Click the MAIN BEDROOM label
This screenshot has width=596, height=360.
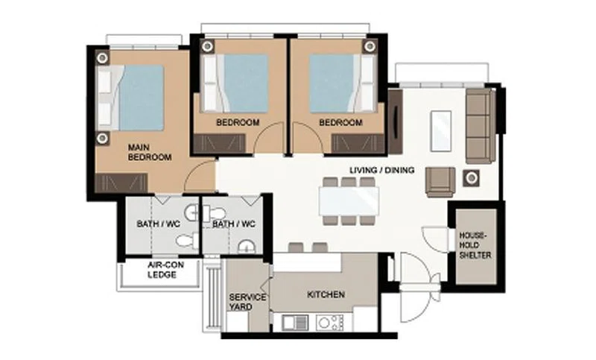coord(150,152)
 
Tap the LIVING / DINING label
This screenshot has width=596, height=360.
coord(381,170)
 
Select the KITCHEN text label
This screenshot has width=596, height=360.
coord(326,294)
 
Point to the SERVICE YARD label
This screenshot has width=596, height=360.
coord(247,302)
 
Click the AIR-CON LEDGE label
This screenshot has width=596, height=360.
coord(165,270)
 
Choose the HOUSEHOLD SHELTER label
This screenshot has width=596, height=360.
coord(475,245)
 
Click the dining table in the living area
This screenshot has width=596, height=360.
coord(349,201)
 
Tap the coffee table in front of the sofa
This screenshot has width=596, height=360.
coord(441,130)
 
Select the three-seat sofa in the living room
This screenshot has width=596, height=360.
coord(481,126)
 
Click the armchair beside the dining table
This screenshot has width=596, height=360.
coord(440,182)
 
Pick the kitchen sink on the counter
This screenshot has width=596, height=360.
coord(295,323)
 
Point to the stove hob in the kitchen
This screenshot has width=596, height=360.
coord(329,323)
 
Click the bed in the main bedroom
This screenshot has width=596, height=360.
coord(130,98)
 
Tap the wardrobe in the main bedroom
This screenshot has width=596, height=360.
coord(121,183)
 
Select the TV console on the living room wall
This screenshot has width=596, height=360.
coord(395,121)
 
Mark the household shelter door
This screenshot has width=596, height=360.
coord(436,239)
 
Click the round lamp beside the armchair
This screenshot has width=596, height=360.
coord(472,178)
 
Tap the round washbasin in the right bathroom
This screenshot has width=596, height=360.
coord(247,247)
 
